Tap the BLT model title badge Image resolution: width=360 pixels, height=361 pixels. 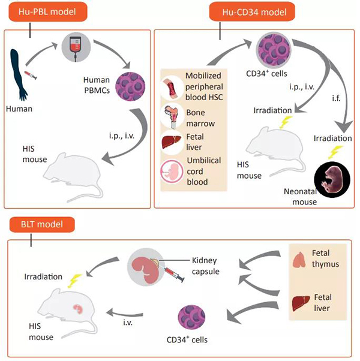pyautogui.click(x=42, y=225)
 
